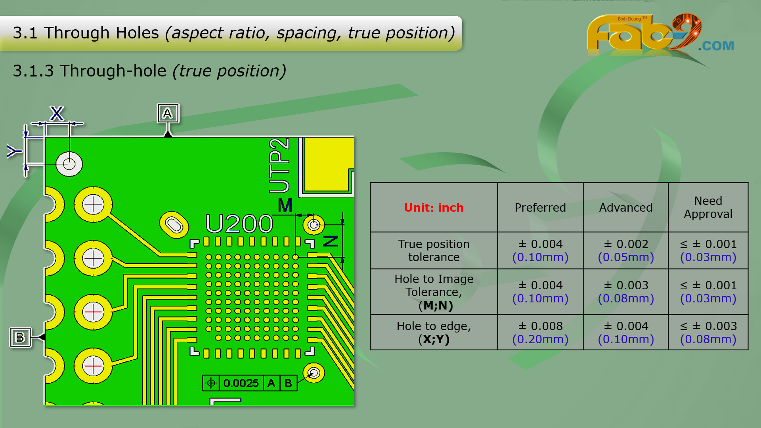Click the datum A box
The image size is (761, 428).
click(168, 114)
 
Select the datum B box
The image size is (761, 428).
click(20, 337)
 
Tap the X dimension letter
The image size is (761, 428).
click(57, 113)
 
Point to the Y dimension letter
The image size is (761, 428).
click(14, 151)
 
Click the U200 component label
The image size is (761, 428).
click(239, 224)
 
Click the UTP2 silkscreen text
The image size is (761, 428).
click(279, 166)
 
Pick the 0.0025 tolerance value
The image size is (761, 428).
click(241, 383)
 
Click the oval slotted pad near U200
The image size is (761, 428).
click(174, 225)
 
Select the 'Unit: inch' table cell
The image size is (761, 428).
click(434, 207)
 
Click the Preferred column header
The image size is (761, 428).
click(540, 207)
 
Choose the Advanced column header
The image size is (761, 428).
click(625, 207)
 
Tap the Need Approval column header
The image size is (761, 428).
click(708, 207)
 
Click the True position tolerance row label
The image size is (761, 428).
click(434, 250)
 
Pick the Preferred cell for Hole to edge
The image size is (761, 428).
click(540, 332)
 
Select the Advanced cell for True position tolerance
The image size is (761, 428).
click(625, 250)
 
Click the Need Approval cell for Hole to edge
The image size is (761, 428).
click(708, 332)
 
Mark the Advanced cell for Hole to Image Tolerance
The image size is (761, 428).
click(625, 292)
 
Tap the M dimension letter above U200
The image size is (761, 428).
click(285, 205)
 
